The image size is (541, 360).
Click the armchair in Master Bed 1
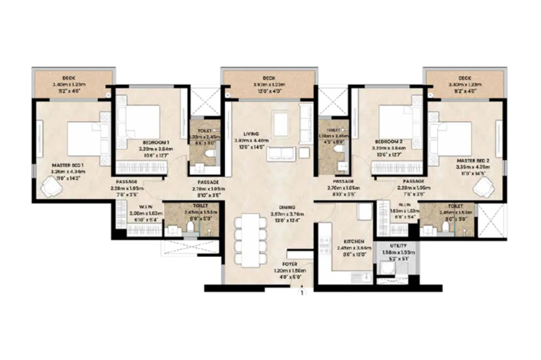[52, 187]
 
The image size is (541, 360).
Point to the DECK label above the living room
[269, 78]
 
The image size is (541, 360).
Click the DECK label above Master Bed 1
[72, 78]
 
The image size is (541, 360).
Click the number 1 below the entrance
[300, 295]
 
